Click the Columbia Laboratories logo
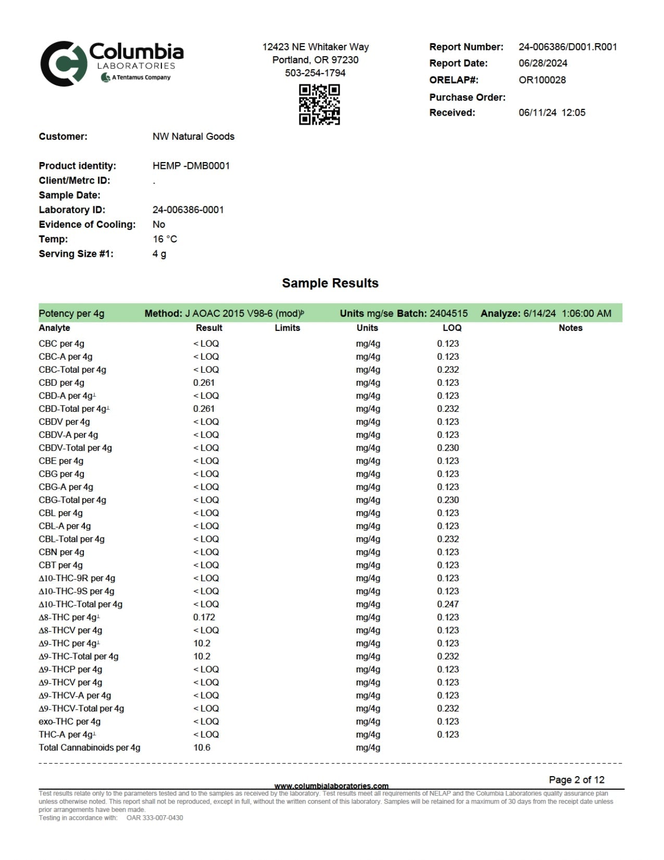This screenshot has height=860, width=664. [112, 63]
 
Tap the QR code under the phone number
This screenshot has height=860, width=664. [319, 104]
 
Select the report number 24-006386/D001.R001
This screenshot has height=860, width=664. [568, 47]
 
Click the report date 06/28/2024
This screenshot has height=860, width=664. [543, 63]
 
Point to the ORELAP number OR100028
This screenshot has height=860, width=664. [542, 80]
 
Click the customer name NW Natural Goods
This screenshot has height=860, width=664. [193, 137]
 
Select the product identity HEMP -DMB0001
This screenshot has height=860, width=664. [191, 166]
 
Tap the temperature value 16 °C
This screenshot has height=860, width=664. [165, 239]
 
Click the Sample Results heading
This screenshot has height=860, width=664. [330, 283]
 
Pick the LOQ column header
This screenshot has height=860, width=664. [452, 328]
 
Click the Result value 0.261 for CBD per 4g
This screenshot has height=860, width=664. [204, 383]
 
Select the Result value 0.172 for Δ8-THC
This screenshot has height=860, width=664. [204, 617]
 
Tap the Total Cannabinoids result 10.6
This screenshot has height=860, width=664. [202, 747]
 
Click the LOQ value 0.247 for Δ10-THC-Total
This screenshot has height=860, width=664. [448, 604]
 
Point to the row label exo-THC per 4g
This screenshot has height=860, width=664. [69, 721]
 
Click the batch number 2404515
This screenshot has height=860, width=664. [448, 313]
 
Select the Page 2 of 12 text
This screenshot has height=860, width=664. [577, 780]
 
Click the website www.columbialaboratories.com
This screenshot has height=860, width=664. [331, 785]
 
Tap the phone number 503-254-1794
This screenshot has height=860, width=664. [315, 73]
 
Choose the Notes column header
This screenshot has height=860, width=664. [570, 328]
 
